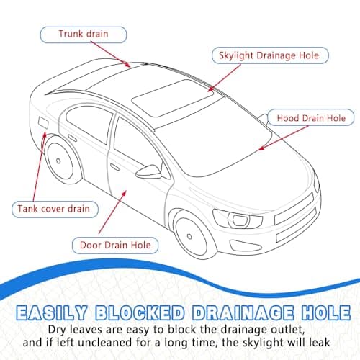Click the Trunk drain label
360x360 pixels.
click(x=84, y=35)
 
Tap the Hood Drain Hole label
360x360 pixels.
click(x=311, y=117)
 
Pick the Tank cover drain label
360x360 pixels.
click(x=55, y=210)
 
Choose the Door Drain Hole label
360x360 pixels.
click(x=115, y=246)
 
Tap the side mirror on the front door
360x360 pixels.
click(x=149, y=171)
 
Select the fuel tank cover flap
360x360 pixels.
click(x=43, y=122)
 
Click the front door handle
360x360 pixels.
click(x=114, y=167)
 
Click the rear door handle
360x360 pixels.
click(x=72, y=138)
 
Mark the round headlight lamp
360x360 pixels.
click(x=238, y=220)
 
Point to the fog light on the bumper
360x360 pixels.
click(x=246, y=246)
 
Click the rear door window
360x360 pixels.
click(x=89, y=124)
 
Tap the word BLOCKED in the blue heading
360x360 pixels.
click(x=140, y=313)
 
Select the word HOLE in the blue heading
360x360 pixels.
click(x=326, y=313)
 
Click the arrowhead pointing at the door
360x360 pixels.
click(x=124, y=193)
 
